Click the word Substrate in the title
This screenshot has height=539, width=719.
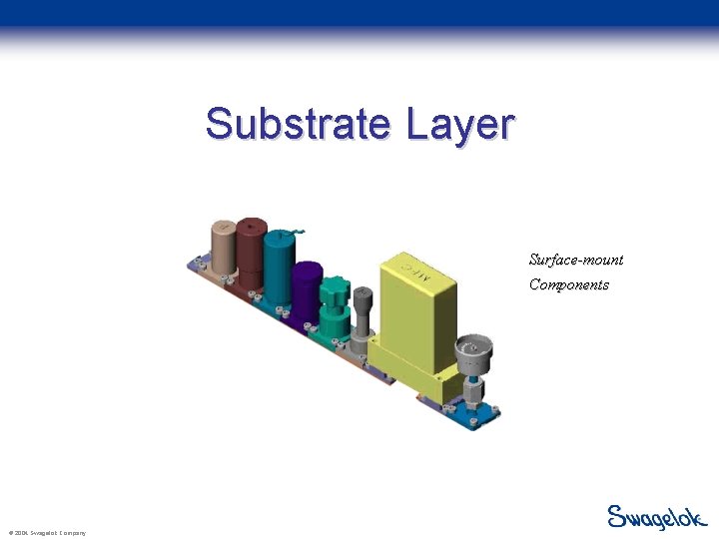300,125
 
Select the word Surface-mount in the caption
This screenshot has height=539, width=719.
576,260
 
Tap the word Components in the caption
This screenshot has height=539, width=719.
569,284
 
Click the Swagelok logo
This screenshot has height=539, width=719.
657,517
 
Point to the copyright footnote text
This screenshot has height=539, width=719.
46,533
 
